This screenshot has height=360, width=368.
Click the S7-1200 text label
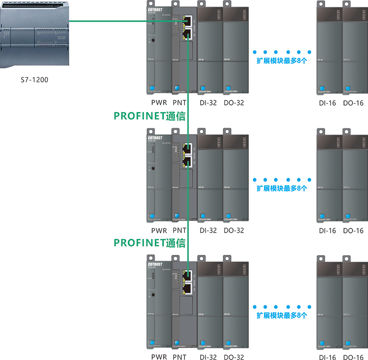(x=34, y=80)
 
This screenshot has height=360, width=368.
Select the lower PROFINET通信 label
(x=149, y=242)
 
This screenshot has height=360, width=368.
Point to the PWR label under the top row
(x=159, y=103)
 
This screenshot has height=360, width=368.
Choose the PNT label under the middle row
(x=179, y=230)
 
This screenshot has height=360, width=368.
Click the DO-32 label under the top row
(x=234, y=103)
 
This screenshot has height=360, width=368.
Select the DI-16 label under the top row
(x=328, y=103)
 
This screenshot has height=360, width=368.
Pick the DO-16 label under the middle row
(x=353, y=230)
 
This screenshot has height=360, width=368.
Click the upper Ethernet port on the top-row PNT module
(x=188, y=21)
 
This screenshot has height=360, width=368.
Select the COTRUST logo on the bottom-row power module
(x=155, y=265)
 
